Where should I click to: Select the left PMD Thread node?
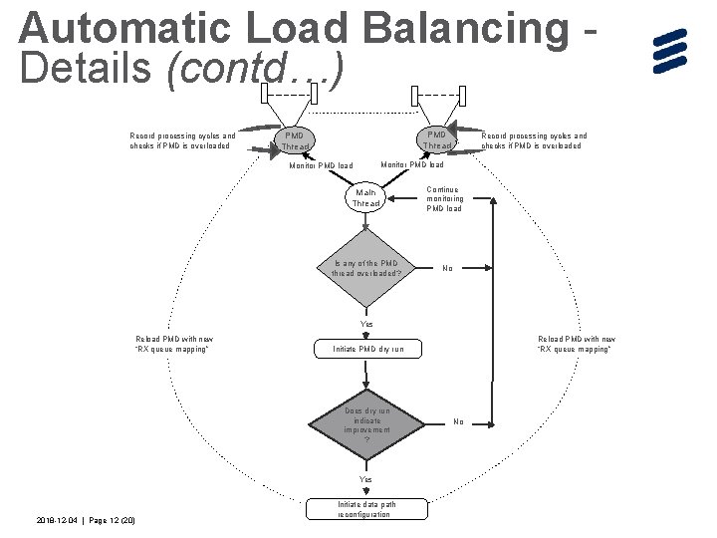(x=295, y=140)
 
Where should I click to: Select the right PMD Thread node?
(x=435, y=139)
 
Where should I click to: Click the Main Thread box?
(x=365, y=197)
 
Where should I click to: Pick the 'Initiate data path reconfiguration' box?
(x=365, y=509)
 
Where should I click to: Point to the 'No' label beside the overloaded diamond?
(x=447, y=268)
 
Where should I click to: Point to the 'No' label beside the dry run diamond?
(x=458, y=421)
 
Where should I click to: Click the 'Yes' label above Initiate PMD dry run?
(x=366, y=325)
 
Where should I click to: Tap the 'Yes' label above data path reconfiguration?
(x=365, y=480)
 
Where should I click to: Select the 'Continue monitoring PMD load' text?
(x=444, y=198)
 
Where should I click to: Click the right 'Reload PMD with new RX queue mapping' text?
(x=577, y=345)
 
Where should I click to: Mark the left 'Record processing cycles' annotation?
(x=183, y=140)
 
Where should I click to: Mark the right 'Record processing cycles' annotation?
(x=534, y=140)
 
